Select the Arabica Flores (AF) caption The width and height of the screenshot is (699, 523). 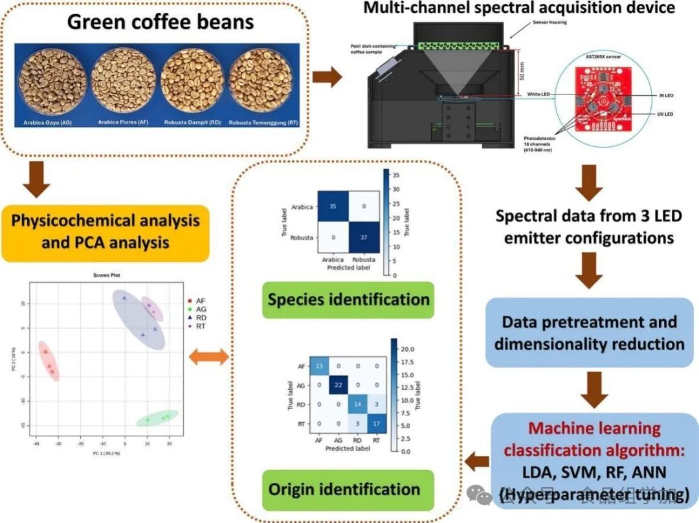click(x=122, y=121)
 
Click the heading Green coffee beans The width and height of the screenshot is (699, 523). click(x=161, y=23)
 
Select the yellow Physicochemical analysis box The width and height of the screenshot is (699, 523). click(x=105, y=231)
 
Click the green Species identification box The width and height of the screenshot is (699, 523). click(x=348, y=299)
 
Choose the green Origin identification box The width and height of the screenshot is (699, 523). click(x=348, y=489)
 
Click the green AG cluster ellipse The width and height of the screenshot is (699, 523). click(x=157, y=418)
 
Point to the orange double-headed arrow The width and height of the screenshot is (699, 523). click(x=207, y=356)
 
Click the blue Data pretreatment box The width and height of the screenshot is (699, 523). click(x=589, y=332)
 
